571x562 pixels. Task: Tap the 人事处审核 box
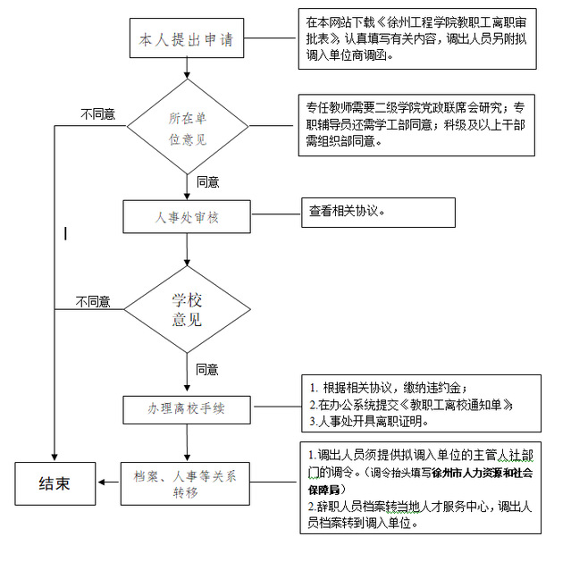tap(186, 215)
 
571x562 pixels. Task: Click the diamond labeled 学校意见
tap(187, 308)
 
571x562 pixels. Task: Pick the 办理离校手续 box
tap(186, 407)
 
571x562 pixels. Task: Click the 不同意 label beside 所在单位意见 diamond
tap(97, 114)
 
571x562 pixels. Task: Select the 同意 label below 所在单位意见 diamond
tap(207, 181)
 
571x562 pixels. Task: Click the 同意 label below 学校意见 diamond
tap(207, 368)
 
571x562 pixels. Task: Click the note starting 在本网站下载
tap(418, 39)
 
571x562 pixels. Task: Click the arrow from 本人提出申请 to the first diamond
tap(187, 68)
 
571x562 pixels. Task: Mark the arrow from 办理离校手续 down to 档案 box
tap(186, 443)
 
